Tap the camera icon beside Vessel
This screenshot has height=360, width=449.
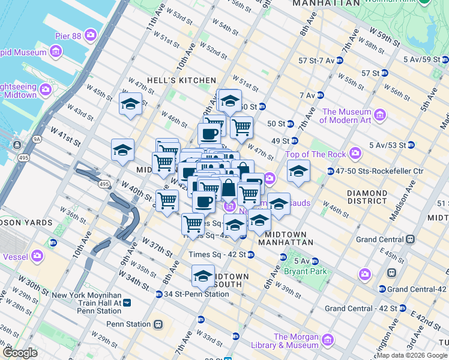pyautogui.click(x=37, y=256)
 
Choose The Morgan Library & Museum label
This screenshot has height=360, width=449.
pyautogui.click(x=296, y=341)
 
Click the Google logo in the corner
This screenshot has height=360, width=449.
pyautogui.click(x=20, y=352)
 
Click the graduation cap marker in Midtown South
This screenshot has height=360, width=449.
pyautogui.click(x=203, y=275)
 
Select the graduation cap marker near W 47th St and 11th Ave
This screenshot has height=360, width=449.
pyautogui.click(x=130, y=104)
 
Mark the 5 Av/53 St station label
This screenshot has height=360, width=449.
pyautogui.click(x=388, y=145)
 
